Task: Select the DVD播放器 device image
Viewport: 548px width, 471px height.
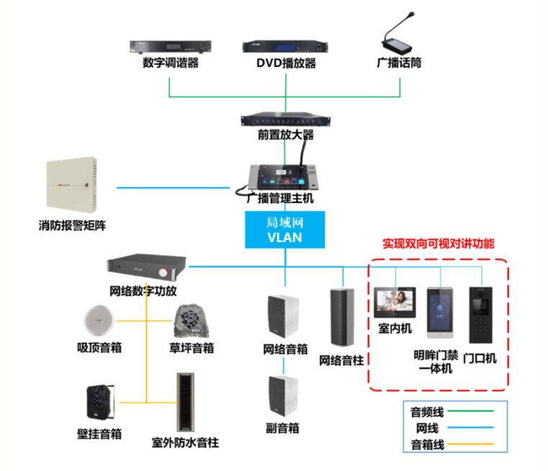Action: (x=285, y=48)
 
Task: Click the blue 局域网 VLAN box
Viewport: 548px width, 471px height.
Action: (x=285, y=230)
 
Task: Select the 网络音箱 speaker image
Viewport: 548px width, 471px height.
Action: (x=285, y=316)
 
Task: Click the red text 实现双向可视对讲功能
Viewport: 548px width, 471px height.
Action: (x=438, y=243)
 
